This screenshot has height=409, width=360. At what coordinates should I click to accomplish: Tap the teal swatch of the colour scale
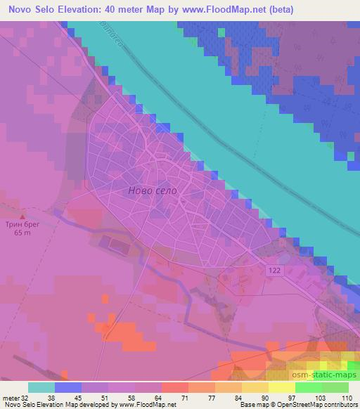click(x=41, y=387)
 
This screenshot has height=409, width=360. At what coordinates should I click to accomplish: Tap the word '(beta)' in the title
click(x=275, y=10)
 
